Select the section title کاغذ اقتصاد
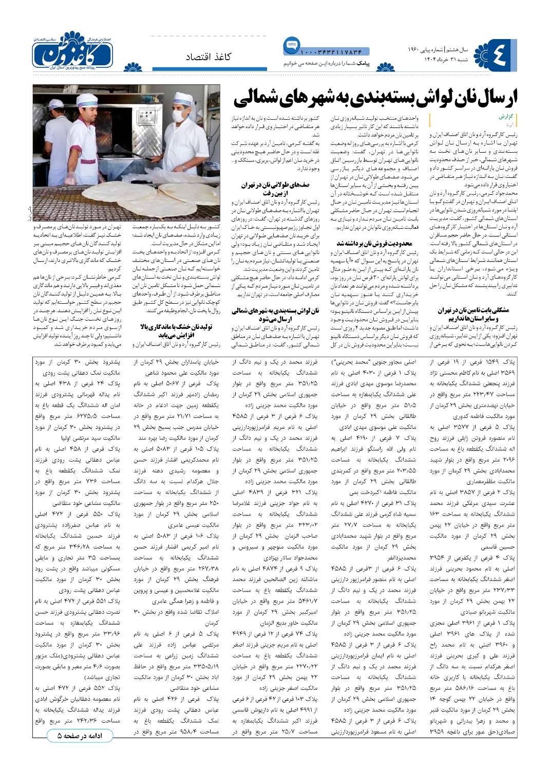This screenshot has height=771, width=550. pyautogui.click(x=208, y=57)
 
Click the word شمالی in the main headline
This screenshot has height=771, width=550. pyautogui.click(x=253, y=97)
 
